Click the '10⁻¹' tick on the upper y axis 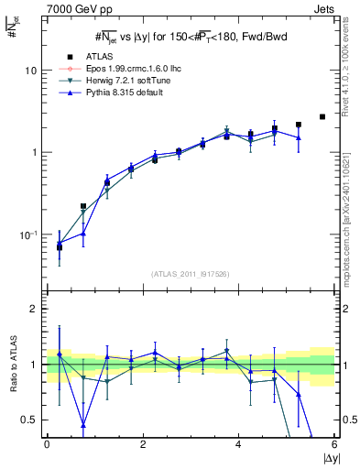[29, 234]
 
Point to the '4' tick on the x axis [239, 445]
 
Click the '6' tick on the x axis [334, 445]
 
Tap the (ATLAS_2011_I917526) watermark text [191, 273]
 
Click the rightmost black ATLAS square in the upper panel [322, 116]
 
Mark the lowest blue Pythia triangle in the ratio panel [83, 425]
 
